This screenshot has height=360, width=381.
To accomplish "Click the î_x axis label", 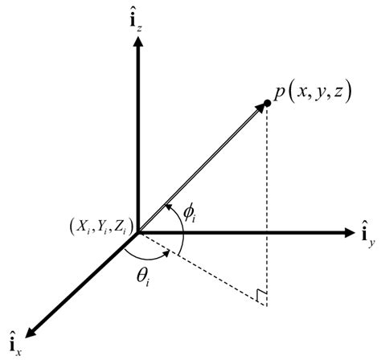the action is coord(14,342).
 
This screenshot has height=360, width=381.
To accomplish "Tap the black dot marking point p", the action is coord(267,104).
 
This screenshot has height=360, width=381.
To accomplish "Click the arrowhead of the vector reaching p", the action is coord(260,108).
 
